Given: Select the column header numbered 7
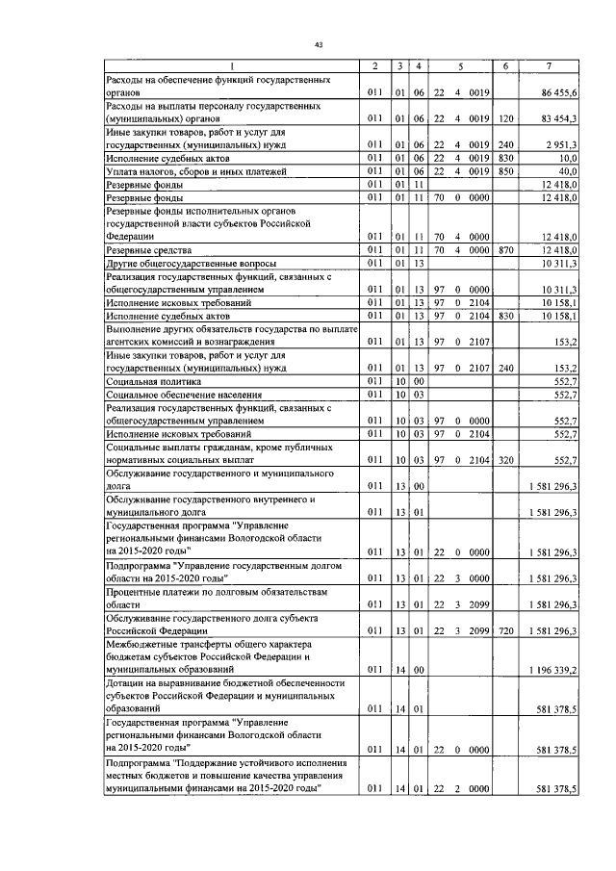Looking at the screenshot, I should tap(548, 64).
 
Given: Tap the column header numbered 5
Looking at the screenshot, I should tap(461, 64).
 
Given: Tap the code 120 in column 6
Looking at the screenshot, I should tap(505, 117).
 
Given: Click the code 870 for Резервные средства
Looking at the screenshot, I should tap(505, 250).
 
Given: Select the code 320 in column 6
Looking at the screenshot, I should tap(505, 460).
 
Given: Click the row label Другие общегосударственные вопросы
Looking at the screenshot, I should tap(180, 263).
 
